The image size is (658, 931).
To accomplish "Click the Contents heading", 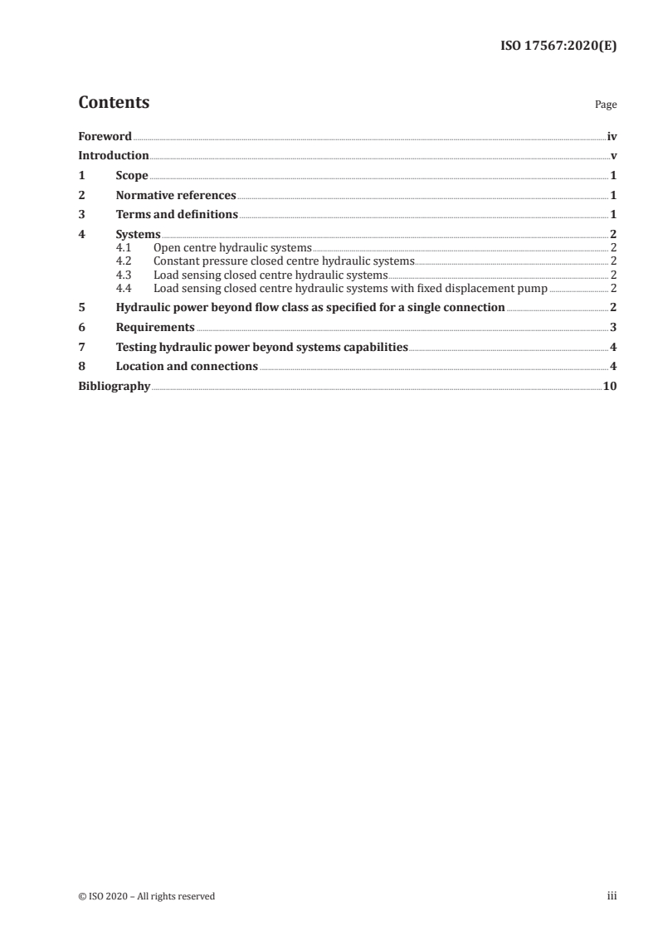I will (114, 103).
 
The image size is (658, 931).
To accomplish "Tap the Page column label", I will (606, 105).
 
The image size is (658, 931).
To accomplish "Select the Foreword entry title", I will (105, 136).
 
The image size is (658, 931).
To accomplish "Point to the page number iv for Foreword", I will (612, 136).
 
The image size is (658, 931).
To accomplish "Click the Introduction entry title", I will (114, 156).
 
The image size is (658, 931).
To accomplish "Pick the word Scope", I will (132, 176).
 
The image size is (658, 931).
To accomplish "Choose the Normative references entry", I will (176, 196).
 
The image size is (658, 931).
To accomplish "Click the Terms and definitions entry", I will (177, 215).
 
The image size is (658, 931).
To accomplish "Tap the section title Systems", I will (138, 235).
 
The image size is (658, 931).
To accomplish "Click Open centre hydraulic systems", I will (232, 248).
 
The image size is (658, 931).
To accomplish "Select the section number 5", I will (81, 307).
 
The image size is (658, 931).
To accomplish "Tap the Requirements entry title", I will (155, 327).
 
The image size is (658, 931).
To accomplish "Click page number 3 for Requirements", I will (613, 327).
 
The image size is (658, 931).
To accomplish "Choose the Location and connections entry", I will (187, 366).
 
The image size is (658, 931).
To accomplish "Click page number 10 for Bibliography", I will (610, 386).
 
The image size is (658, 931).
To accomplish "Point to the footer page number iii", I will (612, 896).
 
